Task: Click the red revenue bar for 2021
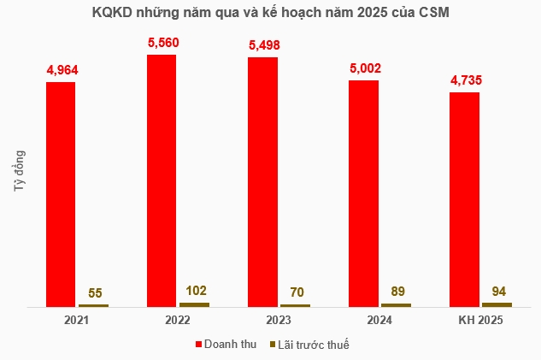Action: (61, 193)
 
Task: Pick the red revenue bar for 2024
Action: (363, 192)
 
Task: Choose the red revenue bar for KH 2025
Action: (464, 198)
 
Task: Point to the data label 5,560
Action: (162, 41)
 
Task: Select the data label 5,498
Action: (262, 44)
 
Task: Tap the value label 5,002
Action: (363, 67)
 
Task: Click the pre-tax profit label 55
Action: (94, 292)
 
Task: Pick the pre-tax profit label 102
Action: (195, 290)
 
